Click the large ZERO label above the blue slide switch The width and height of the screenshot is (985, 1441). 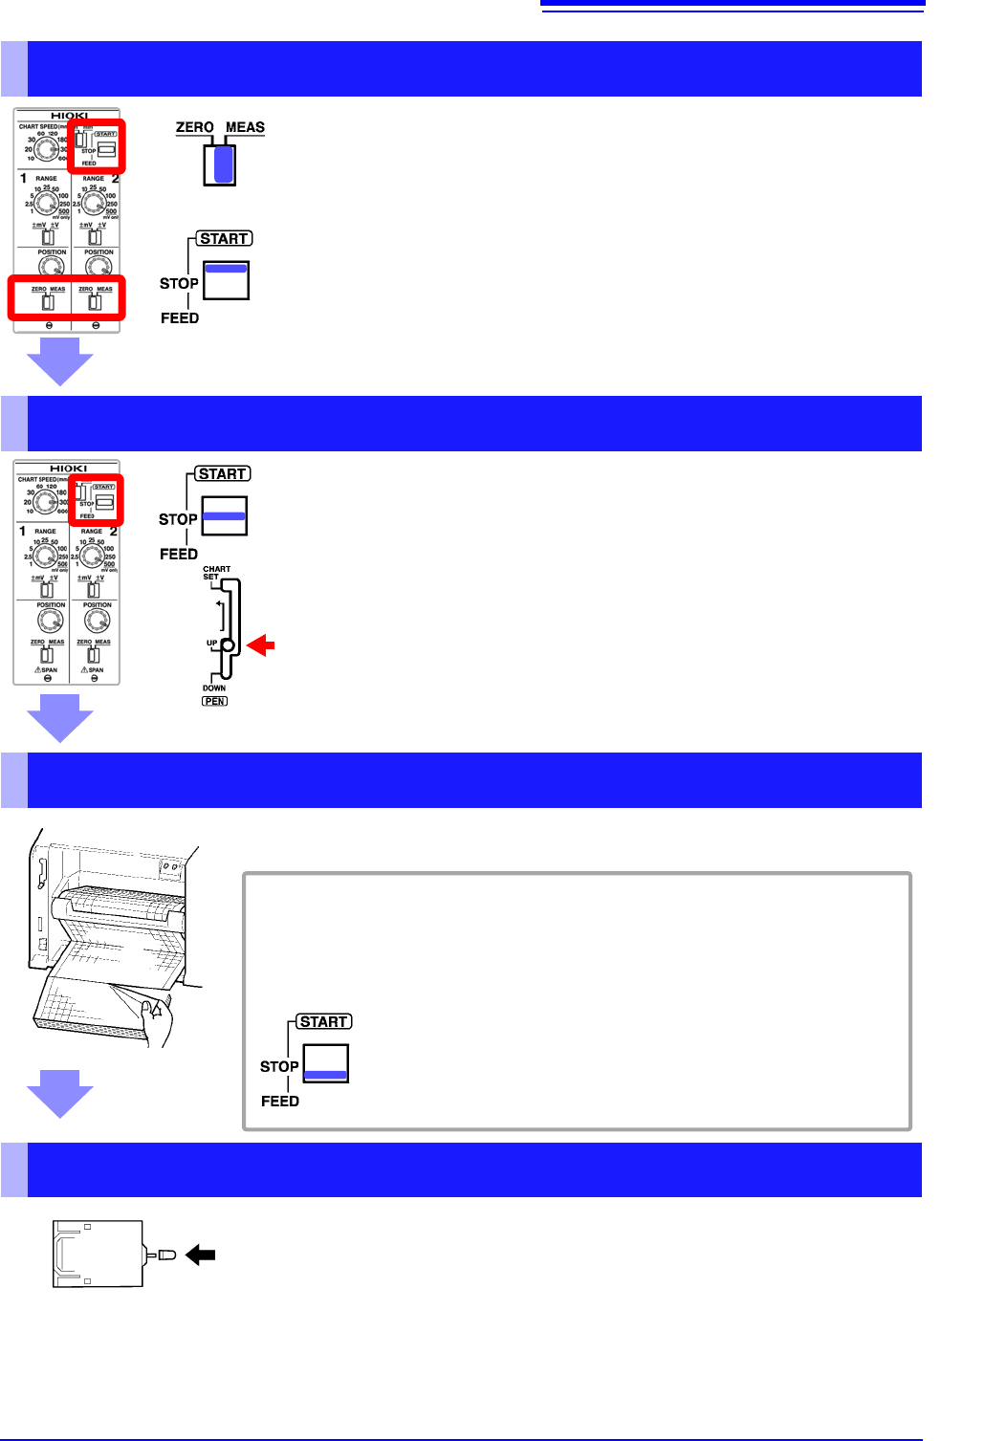tap(194, 127)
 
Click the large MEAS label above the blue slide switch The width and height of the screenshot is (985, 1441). tap(245, 127)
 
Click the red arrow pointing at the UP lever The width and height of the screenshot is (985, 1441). tap(260, 646)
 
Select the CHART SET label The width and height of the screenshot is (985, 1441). tap(215, 573)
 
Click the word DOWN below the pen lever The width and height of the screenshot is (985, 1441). tap(214, 688)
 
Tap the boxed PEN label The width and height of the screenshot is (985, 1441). tap(214, 701)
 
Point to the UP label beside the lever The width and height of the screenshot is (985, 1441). tap(212, 643)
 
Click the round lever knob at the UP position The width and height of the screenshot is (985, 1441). tap(228, 645)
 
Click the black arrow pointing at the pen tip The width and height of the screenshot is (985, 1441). tap(201, 1255)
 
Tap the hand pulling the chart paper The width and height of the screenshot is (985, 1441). tap(158, 1018)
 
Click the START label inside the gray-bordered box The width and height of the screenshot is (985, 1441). tap(323, 1021)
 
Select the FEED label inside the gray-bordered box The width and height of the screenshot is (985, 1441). tap(279, 1101)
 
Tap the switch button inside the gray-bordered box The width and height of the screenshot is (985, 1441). tap(326, 1063)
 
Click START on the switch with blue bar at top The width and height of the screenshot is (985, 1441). tap(224, 239)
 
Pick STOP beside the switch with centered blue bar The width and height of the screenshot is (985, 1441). tap(178, 519)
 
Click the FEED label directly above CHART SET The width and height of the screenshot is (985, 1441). tap(179, 554)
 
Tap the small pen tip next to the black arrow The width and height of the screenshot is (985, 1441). tap(167, 1255)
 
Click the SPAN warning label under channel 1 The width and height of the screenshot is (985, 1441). tap(46, 669)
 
